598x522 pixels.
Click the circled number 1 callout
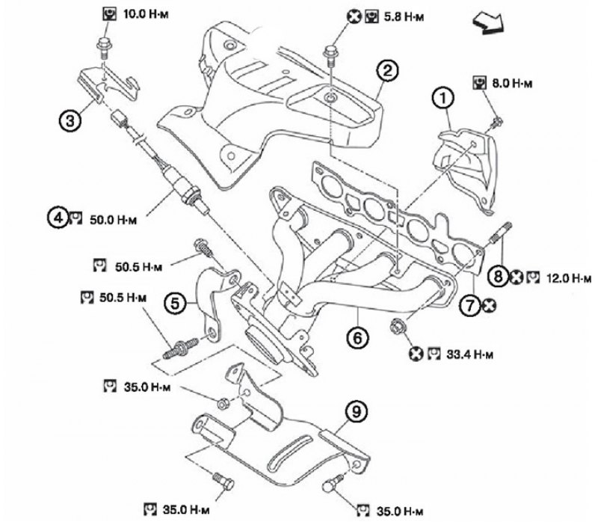point(443,99)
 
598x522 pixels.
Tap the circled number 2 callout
point(388,71)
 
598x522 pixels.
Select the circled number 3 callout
point(70,120)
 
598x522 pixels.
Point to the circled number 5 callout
point(175,304)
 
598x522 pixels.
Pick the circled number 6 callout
point(357,337)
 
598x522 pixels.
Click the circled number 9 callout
point(357,412)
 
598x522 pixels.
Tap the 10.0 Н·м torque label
point(146,14)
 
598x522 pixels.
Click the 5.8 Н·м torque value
point(404,17)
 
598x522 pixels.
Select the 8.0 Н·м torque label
point(512,83)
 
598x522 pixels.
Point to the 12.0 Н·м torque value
point(569,278)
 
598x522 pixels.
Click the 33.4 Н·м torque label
point(469,354)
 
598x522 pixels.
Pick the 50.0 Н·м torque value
point(114,220)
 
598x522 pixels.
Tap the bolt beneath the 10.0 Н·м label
point(103,47)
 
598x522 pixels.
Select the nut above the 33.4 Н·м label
point(398,328)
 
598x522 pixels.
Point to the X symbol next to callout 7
point(489,305)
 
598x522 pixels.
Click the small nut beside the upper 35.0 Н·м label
point(223,403)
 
